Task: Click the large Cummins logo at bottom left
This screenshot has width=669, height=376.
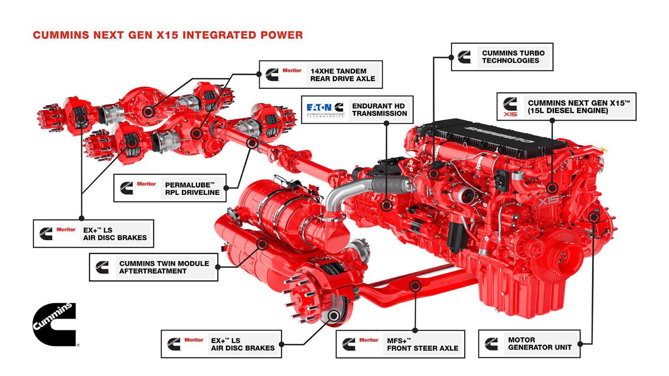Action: (x=54, y=324)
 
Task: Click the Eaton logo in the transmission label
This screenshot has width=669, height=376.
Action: (x=319, y=107)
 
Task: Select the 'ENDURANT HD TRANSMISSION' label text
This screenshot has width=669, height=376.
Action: (x=379, y=110)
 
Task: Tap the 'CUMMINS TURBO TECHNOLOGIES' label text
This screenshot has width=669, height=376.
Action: (x=513, y=57)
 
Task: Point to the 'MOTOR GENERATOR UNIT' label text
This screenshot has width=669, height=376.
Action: (x=540, y=343)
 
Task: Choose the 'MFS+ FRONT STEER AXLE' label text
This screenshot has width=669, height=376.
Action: (x=422, y=344)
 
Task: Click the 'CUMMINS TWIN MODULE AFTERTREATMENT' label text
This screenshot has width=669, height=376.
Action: (x=164, y=267)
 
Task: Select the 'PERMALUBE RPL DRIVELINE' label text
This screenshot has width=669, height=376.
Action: (x=192, y=188)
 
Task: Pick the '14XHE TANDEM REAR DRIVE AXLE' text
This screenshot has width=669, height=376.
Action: (x=342, y=75)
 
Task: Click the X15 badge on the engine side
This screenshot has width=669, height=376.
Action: (x=548, y=201)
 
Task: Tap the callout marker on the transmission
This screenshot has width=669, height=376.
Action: (x=386, y=205)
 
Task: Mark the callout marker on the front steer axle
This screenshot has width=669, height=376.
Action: (x=416, y=286)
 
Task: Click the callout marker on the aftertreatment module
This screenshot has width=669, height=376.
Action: (x=262, y=244)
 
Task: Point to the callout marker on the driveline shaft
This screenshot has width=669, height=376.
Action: (x=252, y=142)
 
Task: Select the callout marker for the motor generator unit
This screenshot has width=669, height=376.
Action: (x=594, y=216)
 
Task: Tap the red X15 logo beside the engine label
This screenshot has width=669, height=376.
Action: (x=510, y=114)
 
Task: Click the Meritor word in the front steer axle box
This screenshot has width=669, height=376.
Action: (x=368, y=340)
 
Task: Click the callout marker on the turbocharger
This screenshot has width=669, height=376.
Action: (x=433, y=174)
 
